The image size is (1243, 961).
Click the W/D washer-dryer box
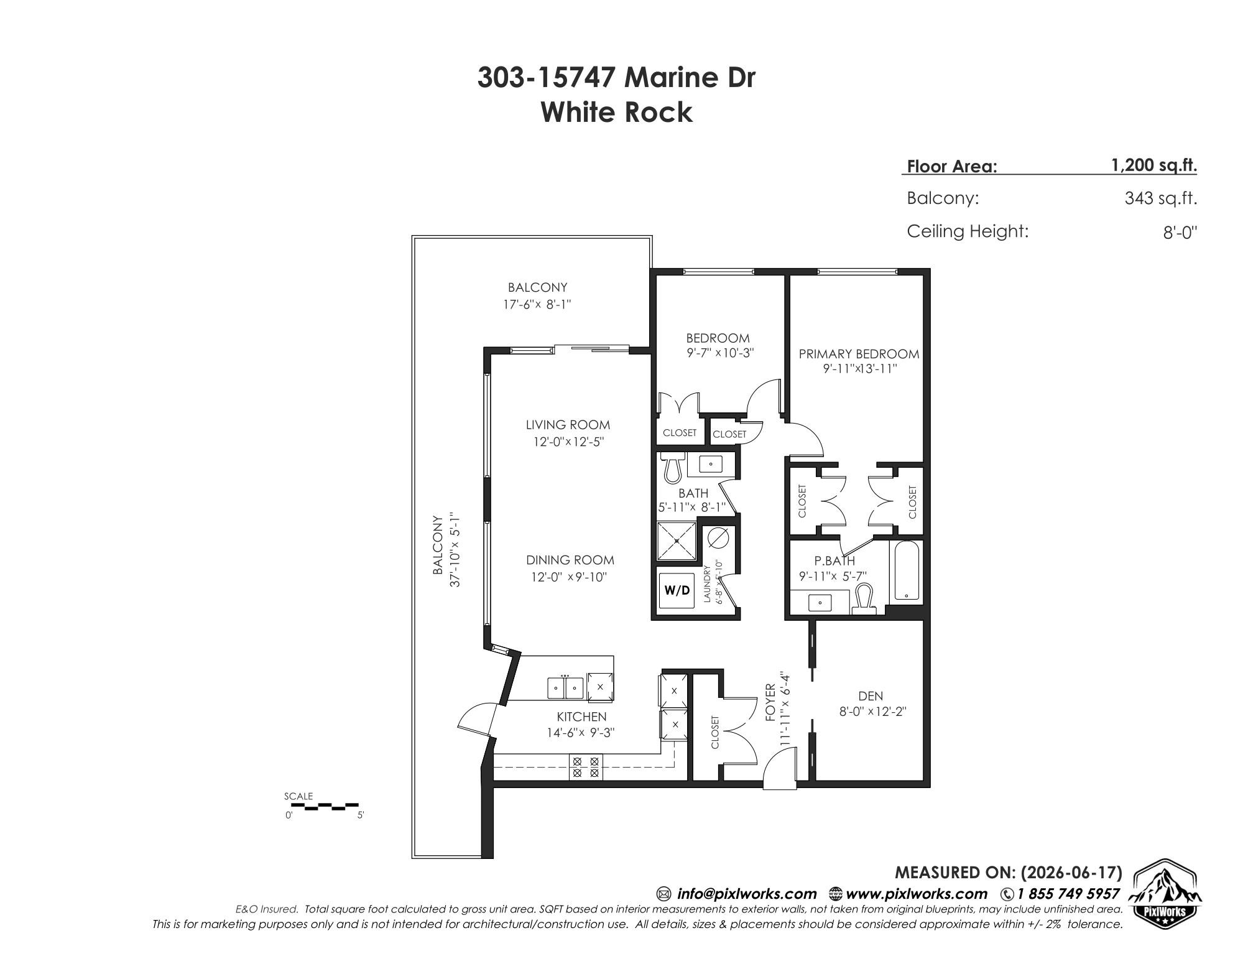click(x=677, y=590)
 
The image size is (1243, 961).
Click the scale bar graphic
click(x=325, y=807)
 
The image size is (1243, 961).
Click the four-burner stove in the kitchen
click(x=585, y=767)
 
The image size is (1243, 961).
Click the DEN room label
click(x=870, y=696)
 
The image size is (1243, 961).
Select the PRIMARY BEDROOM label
click(x=859, y=354)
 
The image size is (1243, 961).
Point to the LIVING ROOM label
click(x=568, y=425)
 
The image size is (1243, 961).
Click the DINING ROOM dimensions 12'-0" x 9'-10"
click(x=568, y=577)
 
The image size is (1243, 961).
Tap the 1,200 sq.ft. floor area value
click(x=1154, y=166)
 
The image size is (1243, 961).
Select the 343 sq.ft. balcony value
click(x=1161, y=199)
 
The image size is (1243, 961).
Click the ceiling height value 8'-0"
click(x=1180, y=233)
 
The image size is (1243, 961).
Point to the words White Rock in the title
click(x=616, y=113)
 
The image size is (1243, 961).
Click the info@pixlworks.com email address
click(x=746, y=894)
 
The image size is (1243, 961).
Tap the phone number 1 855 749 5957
click(x=1068, y=894)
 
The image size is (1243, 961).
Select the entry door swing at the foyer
click(x=780, y=769)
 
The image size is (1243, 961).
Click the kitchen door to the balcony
click(x=478, y=718)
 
